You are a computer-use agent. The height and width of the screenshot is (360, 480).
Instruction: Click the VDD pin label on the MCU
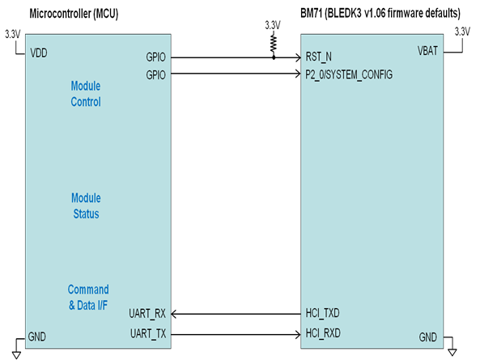click(x=39, y=53)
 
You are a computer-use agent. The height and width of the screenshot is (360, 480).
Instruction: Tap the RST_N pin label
click(x=318, y=57)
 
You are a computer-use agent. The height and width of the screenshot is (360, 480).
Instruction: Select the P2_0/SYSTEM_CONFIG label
click(x=349, y=74)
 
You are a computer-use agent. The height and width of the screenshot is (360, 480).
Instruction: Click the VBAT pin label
click(x=427, y=51)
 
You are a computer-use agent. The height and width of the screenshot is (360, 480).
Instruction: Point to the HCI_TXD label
click(x=322, y=313)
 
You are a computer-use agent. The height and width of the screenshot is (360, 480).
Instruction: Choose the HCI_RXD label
click(x=323, y=333)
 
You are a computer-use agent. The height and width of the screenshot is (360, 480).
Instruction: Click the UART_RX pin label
click(x=147, y=314)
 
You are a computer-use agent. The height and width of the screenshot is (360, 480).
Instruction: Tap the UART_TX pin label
click(x=148, y=333)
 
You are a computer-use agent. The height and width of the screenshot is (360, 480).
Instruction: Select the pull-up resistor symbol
click(x=274, y=44)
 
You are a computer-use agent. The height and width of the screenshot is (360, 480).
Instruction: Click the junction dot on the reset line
click(x=274, y=57)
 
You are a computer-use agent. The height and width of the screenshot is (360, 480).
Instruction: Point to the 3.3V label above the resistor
click(x=273, y=25)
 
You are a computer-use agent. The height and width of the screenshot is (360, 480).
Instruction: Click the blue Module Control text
click(x=86, y=94)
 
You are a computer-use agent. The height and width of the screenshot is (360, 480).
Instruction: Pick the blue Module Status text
click(x=86, y=205)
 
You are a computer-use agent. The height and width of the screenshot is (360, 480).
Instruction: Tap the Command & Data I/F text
click(x=88, y=297)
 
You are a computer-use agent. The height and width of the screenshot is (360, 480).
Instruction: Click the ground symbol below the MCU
click(x=16, y=355)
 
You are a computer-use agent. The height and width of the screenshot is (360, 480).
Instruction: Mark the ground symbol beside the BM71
click(x=452, y=352)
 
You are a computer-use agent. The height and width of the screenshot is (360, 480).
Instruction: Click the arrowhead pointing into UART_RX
click(x=174, y=314)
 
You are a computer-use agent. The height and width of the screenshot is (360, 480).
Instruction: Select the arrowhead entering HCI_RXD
click(x=297, y=335)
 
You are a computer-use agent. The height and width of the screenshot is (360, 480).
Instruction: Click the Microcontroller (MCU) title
click(x=74, y=14)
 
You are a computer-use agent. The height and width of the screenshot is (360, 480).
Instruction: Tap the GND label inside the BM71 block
click(x=427, y=337)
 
